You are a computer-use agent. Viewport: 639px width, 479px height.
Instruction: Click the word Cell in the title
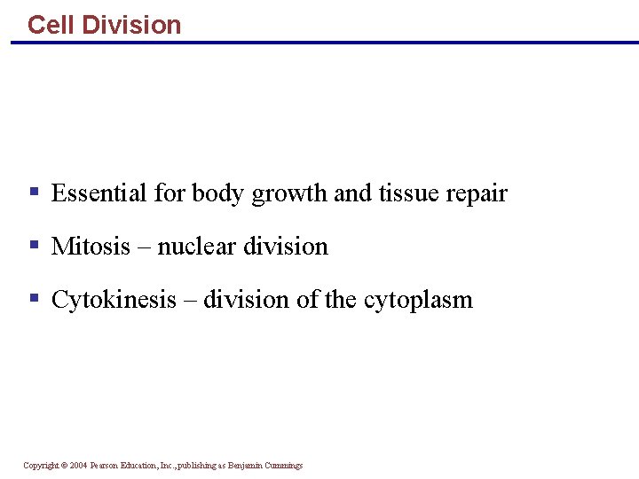(x=51, y=25)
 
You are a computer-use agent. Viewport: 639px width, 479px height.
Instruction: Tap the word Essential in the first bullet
(x=99, y=193)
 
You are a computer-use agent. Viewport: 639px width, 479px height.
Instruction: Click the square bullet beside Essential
(x=34, y=191)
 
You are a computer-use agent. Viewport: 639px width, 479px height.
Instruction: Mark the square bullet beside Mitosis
(x=34, y=244)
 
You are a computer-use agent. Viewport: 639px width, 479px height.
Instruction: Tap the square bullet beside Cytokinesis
(x=34, y=297)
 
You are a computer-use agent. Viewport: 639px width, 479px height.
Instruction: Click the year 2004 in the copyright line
(x=78, y=466)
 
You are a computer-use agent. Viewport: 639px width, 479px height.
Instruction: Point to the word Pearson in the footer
(x=106, y=466)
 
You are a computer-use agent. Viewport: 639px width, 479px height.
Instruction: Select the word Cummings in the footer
(x=285, y=466)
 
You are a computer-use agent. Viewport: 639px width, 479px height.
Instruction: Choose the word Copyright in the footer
(x=41, y=466)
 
